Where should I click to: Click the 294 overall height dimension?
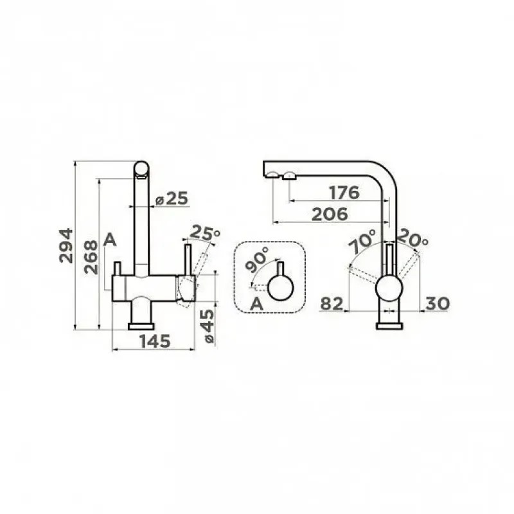coord(66,245)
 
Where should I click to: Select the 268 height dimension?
coord(91,257)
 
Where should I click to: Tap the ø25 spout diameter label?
coord(172,199)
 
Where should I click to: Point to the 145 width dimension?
coord(155,341)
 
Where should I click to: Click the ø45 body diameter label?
coord(208,326)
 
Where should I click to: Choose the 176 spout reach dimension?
coord(344,193)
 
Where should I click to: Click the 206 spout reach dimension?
coord(330,215)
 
